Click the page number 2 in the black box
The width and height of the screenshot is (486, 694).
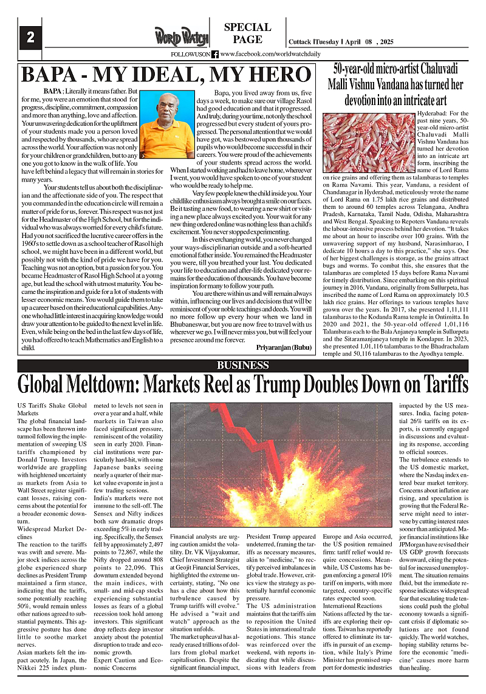pos(29,37)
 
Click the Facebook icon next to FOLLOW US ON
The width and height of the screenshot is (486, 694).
pos(215,54)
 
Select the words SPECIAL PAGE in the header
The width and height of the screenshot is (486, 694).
pos(247,33)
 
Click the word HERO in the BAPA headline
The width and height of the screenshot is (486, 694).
pos(272,74)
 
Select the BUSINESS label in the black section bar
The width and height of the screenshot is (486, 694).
pos(243,365)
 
